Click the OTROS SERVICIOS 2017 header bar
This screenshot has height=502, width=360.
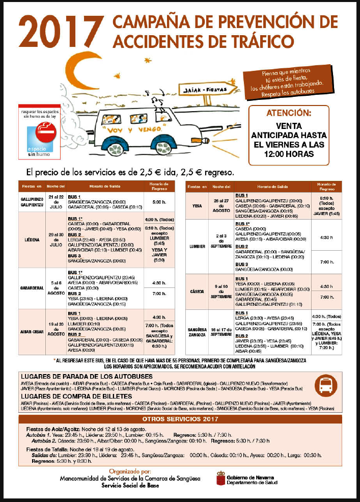180,418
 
